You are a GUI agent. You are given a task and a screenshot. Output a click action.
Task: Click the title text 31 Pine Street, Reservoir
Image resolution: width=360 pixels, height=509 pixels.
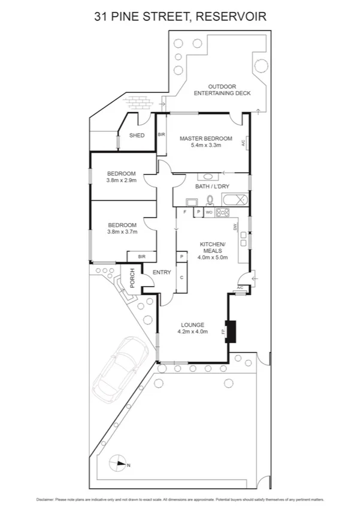180,17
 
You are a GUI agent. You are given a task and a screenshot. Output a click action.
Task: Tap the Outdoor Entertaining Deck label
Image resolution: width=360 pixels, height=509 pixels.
220,89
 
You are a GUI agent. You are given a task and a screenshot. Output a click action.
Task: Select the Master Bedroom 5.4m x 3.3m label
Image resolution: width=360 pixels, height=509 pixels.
205,141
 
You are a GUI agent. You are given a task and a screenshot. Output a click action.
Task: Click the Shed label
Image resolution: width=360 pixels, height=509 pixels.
137,135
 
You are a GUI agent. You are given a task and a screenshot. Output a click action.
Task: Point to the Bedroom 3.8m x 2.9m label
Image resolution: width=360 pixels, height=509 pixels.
122,177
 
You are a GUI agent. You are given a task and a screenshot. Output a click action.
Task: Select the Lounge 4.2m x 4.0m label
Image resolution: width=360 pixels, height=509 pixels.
192,328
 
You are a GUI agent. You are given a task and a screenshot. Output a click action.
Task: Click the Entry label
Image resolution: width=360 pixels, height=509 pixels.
162,273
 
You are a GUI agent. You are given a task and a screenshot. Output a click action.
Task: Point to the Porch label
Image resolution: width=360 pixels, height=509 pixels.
132,277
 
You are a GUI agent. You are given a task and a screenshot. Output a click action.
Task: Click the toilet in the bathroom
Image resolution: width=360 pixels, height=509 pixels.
210,201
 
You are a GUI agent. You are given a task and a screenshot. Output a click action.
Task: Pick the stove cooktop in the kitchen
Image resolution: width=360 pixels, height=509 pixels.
223,212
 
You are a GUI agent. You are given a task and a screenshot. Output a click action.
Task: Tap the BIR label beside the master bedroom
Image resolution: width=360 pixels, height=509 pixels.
161,135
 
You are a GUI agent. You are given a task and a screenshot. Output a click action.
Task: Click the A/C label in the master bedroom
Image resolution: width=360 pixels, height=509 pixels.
244,143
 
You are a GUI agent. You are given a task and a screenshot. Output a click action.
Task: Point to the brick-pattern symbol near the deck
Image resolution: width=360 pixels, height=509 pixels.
139,103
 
